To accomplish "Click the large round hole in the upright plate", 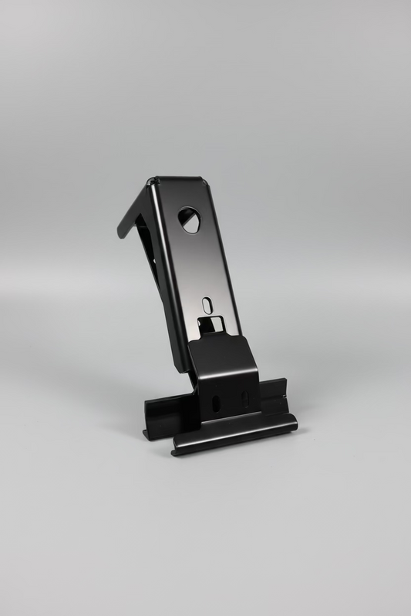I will (189, 219).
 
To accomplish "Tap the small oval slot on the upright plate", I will (207, 303).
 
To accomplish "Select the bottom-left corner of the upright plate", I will (184, 370).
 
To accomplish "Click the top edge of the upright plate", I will (177, 180).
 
